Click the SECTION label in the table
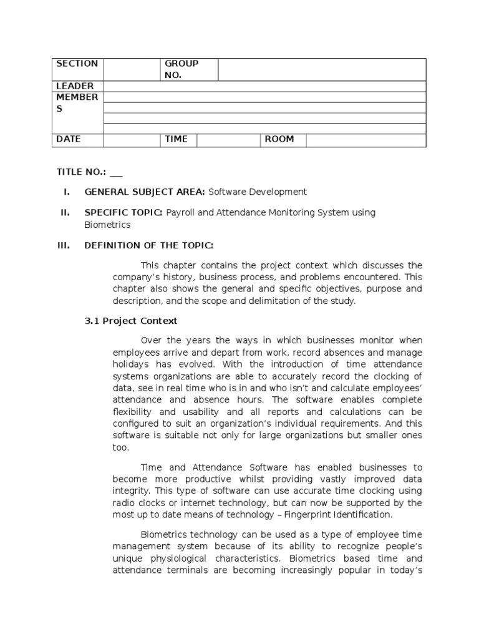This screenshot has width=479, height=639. point(77,64)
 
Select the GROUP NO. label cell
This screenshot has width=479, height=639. point(181,69)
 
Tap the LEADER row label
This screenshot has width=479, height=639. point(75,86)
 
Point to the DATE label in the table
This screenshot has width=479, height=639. point(69,139)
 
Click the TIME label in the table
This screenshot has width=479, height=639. point(176,139)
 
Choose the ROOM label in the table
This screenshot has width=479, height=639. point(279,139)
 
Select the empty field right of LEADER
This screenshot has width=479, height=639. point(264,86)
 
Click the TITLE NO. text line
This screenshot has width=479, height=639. point(89,172)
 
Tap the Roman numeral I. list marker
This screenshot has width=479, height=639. point(66,192)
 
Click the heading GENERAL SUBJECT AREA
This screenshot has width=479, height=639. point(145,192)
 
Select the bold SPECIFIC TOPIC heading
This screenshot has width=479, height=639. point(123,213)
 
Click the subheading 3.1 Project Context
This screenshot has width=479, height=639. point(131,321)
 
